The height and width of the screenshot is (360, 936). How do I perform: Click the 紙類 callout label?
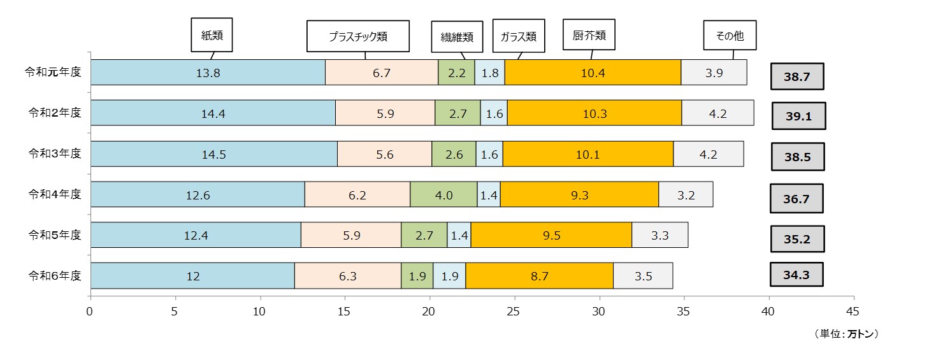click(212, 36)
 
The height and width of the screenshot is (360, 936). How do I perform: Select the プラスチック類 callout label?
click(357, 36)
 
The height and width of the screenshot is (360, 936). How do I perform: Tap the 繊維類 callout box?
click(457, 36)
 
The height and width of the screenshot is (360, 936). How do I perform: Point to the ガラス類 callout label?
click(518, 36)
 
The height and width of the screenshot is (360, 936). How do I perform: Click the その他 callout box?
click(730, 36)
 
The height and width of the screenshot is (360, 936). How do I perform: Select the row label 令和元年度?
click(55, 72)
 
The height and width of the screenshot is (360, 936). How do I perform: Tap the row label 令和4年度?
click(55, 194)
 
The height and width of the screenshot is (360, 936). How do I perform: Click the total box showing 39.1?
click(798, 116)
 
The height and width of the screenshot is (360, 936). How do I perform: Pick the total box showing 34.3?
click(796, 275)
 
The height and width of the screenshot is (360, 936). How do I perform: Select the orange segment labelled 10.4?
click(593, 73)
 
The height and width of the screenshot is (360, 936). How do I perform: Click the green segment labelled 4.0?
click(443, 194)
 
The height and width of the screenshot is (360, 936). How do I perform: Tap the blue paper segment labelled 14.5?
click(213, 154)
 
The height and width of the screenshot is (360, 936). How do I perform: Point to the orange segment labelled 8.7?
click(539, 276)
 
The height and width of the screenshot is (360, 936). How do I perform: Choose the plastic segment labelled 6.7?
click(382, 73)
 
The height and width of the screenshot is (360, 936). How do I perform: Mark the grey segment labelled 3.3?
click(659, 235)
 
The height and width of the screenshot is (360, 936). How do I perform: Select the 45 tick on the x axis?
click(853, 312)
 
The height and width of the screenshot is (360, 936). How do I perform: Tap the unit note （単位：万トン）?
click(846, 334)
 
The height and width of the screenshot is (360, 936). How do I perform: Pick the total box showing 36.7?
click(796, 199)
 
